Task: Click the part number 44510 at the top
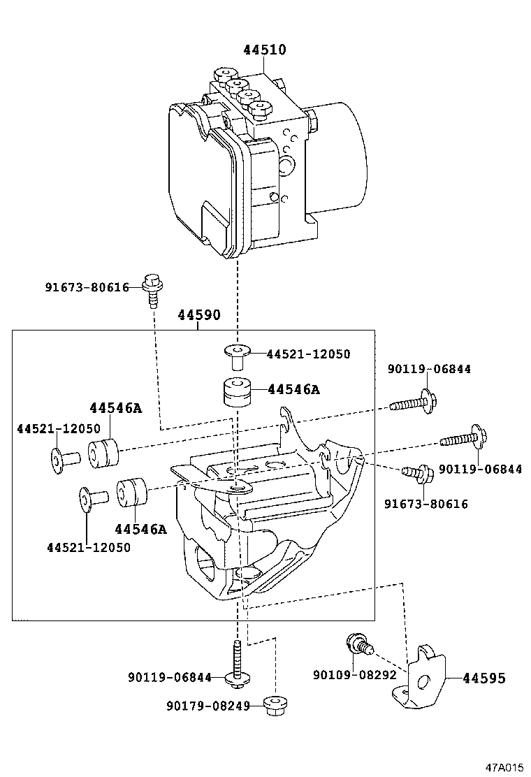pos(265,50)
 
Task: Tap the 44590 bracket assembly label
pos(198,315)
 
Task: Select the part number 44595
pos(483,678)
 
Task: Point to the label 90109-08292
pos(354,675)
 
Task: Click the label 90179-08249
pos(208,706)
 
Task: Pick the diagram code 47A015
pos(504,767)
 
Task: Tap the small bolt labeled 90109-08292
pos(358,644)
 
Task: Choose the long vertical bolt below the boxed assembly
pos(238,661)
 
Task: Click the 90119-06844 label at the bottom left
pos(169,677)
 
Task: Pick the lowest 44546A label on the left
pos(140,529)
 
